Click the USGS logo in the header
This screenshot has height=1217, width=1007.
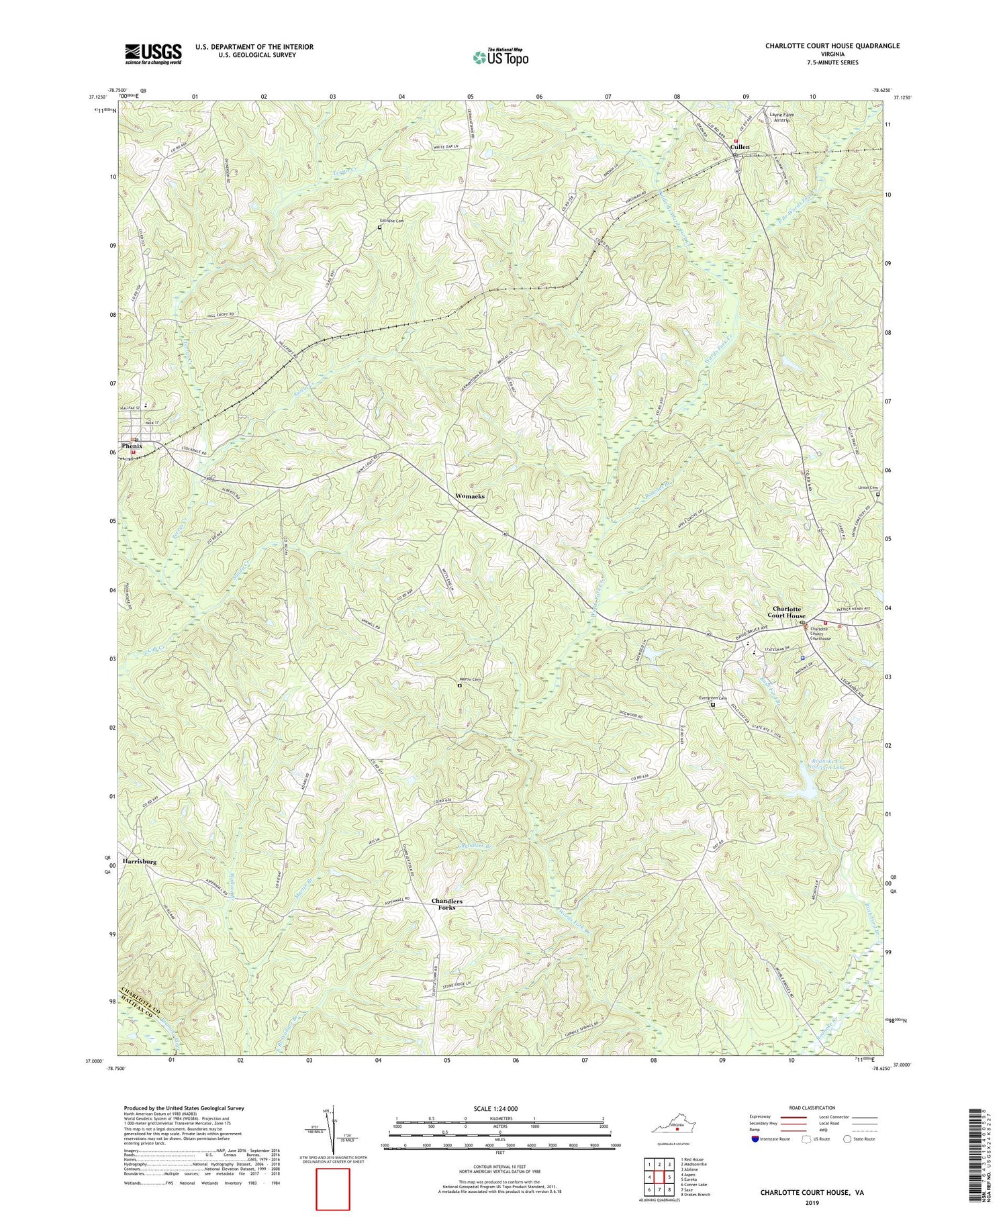coord(152,54)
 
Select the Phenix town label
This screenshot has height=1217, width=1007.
coord(132,446)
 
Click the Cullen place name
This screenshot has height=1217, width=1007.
coord(740,146)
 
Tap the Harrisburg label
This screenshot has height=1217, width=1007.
coord(140,861)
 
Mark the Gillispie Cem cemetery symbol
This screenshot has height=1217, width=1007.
coord(379,228)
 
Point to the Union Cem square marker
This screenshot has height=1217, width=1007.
coord(877,495)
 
